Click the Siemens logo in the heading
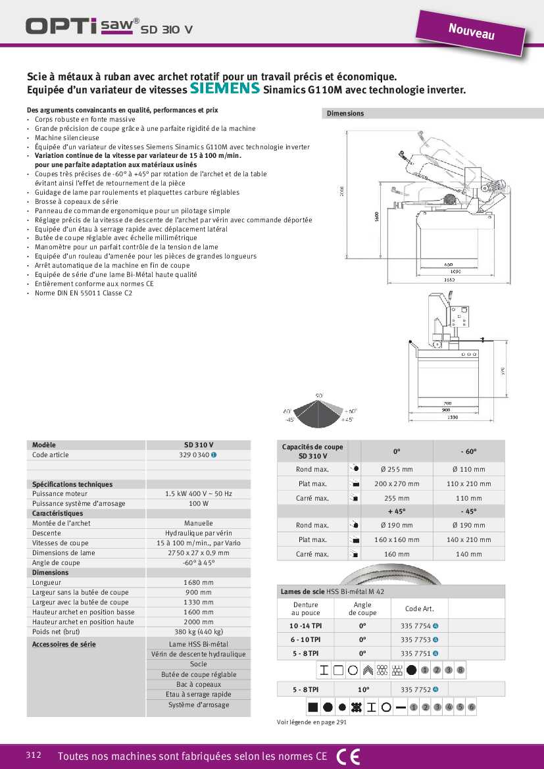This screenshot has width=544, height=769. (x=224, y=89)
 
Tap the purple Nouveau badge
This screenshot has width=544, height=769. (x=471, y=31)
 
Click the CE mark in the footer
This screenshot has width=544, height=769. (x=348, y=756)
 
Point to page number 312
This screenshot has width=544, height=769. (x=34, y=755)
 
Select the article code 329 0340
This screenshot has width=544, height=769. (x=195, y=455)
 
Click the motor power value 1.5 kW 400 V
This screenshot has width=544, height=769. (x=198, y=493)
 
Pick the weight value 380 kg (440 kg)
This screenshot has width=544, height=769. (x=198, y=632)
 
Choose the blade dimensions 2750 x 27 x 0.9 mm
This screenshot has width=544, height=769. (x=198, y=553)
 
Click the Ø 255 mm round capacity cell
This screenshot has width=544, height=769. (x=397, y=469)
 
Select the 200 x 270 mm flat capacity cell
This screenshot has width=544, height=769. (x=397, y=484)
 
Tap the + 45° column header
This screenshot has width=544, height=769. (x=397, y=510)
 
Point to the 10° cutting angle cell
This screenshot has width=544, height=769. (x=363, y=689)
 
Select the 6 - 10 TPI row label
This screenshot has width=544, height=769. (x=306, y=639)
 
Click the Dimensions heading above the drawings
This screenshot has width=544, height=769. (x=345, y=113)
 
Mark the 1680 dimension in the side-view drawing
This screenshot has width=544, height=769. (x=448, y=280)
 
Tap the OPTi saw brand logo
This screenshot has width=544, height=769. (x=82, y=26)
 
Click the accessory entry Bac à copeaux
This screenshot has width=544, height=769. (x=198, y=684)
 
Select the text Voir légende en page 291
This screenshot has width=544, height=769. (x=311, y=722)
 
